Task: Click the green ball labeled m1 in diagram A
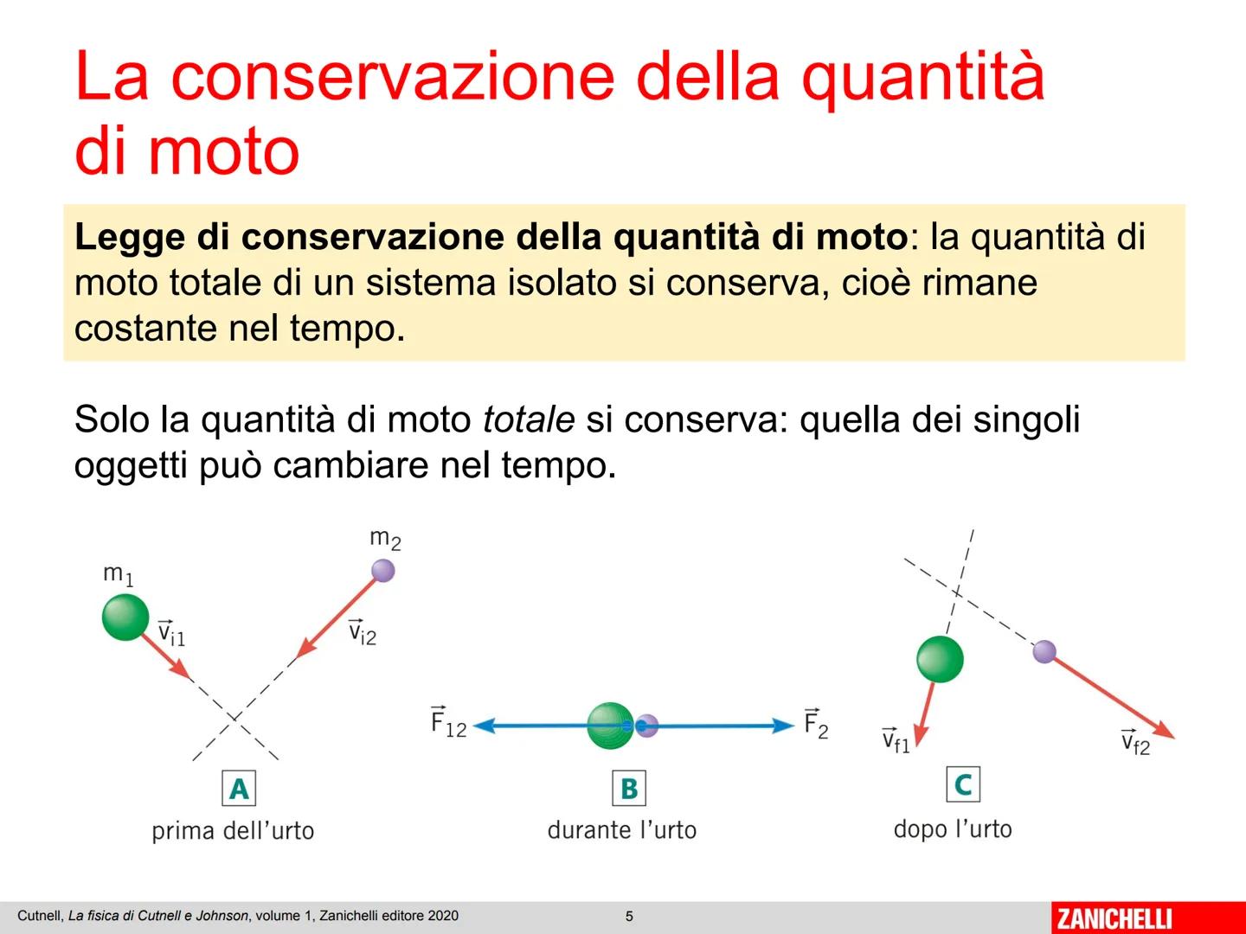click(x=125, y=617)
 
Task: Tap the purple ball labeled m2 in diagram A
click(x=382, y=571)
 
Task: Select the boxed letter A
click(x=239, y=789)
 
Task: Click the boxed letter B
click(x=629, y=788)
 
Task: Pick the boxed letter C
click(x=962, y=784)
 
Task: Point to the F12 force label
click(x=448, y=723)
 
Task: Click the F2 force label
click(x=815, y=724)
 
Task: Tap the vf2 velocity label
click(x=1135, y=742)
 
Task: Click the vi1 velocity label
click(x=171, y=633)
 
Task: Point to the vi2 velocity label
click(x=363, y=633)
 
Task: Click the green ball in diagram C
click(x=940, y=659)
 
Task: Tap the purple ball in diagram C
click(x=1044, y=651)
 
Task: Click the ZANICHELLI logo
click(x=1114, y=918)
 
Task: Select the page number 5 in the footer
click(x=629, y=917)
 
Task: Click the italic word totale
click(x=528, y=419)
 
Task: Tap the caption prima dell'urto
click(x=233, y=831)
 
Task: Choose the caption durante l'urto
click(x=621, y=830)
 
